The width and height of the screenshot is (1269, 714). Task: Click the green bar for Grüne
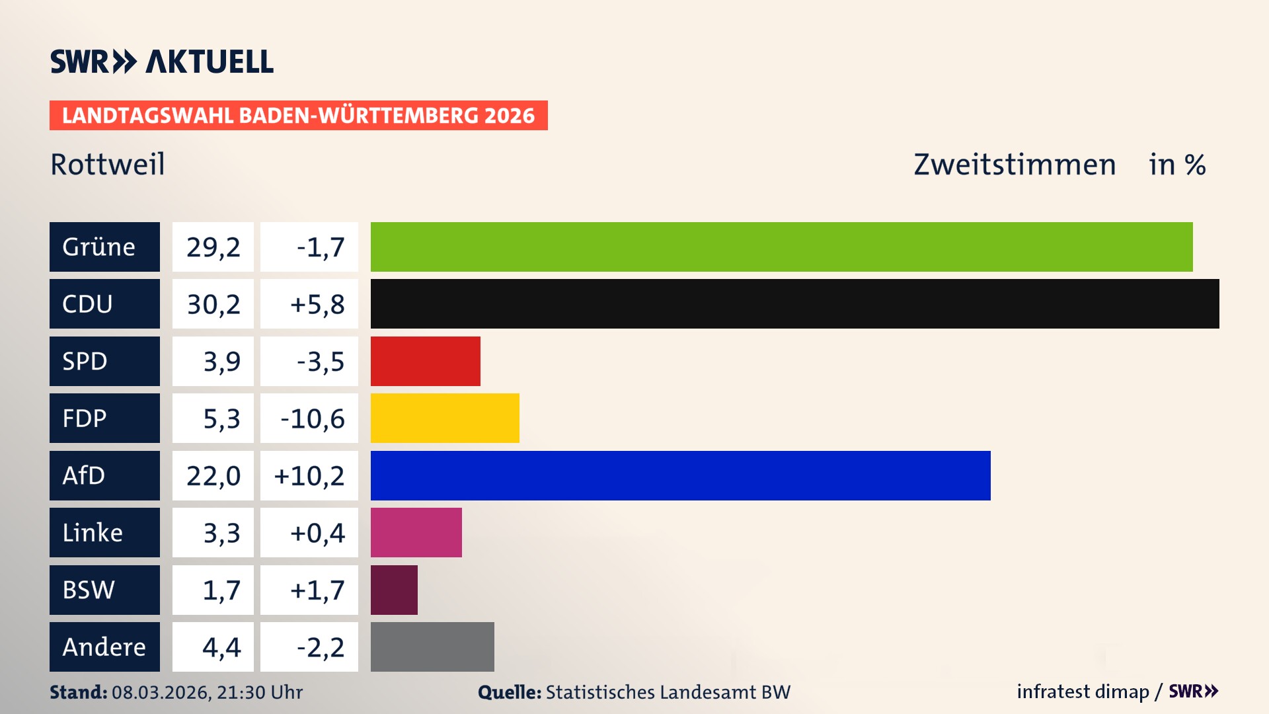point(781,247)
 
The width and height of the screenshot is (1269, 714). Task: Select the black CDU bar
point(794,303)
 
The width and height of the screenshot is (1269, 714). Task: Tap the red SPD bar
point(425,361)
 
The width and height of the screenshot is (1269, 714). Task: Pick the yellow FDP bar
point(445,418)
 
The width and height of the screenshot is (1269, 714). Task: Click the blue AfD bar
point(680,475)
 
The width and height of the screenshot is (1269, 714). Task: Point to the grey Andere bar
point(432,647)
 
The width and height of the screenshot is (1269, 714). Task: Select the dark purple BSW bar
point(394,590)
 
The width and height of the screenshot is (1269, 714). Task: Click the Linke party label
point(104,532)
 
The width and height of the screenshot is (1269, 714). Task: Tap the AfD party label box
point(104,475)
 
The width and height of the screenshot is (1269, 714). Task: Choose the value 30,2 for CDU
point(213,304)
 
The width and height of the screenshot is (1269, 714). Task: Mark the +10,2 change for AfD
point(309,476)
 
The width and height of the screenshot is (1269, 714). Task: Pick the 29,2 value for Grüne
point(213,247)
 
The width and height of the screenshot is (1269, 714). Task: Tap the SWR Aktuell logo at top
point(161,61)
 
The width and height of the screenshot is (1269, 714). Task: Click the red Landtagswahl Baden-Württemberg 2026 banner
point(298,116)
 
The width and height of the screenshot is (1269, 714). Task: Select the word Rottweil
point(108,164)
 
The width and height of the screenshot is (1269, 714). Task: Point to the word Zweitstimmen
point(1015,165)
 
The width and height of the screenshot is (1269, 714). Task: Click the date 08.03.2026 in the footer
point(160,692)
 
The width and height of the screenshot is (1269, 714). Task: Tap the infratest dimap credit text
point(1083,692)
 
